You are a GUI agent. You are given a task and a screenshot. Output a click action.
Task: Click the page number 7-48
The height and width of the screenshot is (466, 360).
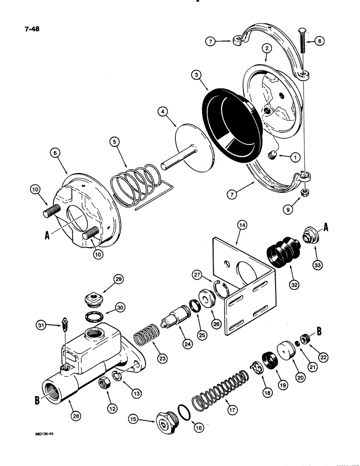point(29,28)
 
